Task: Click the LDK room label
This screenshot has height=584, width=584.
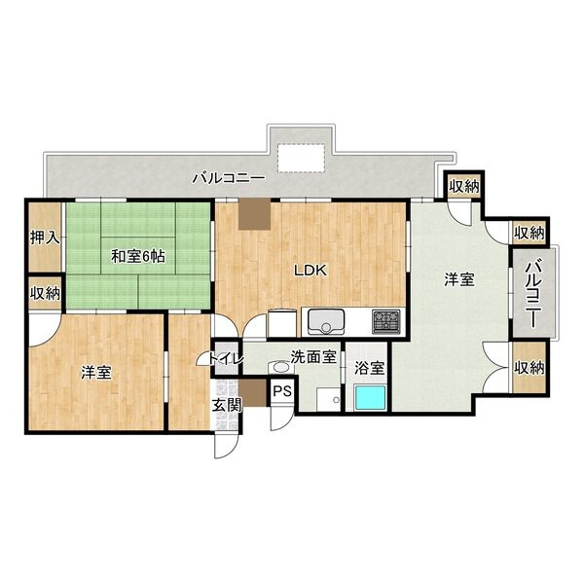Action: point(310,271)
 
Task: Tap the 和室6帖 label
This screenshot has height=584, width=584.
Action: point(138,256)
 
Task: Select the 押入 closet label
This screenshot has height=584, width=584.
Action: point(45,237)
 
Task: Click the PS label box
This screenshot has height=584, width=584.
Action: point(282,391)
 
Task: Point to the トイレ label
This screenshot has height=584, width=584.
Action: point(226,358)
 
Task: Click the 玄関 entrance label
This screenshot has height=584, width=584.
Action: point(227,405)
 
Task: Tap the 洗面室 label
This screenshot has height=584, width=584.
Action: point(313,357)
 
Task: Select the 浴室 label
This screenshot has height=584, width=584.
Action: point(369,368)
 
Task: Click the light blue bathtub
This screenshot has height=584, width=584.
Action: point(370,397)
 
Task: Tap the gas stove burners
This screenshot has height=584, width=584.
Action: point(386,321)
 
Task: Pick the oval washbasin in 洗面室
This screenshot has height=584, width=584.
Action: point(281,367)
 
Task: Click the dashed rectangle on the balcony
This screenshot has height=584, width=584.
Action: point(301,158)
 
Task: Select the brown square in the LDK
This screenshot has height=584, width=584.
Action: point(254,214)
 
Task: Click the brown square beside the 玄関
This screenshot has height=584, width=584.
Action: point(253,393)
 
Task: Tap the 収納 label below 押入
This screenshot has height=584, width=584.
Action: point(45,294)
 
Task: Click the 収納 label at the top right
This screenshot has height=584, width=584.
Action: point(463,186)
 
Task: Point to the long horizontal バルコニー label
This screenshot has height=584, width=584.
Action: point(229,178)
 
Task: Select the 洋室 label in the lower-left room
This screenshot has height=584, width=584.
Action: point(96,372)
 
